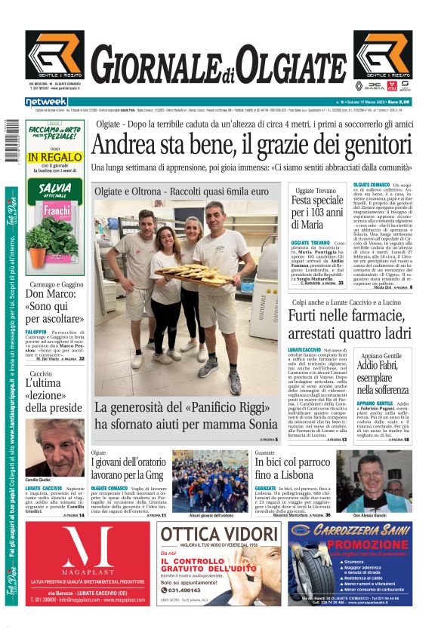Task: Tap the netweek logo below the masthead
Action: (x=47, y=101)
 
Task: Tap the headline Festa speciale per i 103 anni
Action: (x=317, y=213)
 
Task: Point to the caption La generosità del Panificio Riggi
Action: (x=186, y=416)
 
